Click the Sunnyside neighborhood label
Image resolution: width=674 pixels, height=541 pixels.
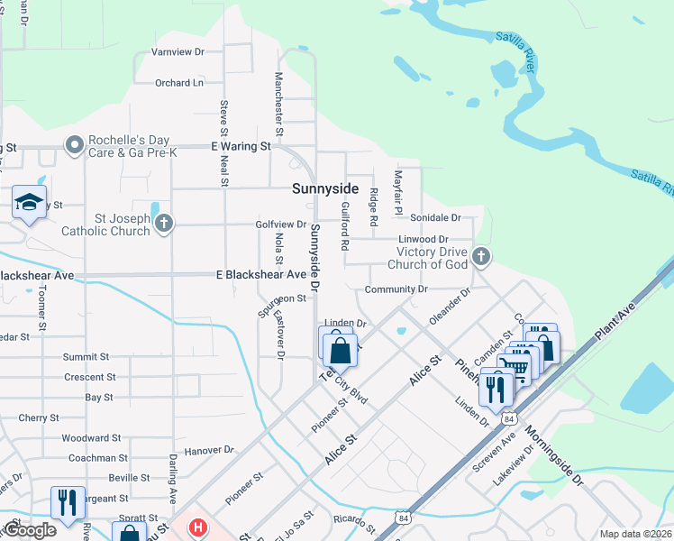click(x=324, y=189)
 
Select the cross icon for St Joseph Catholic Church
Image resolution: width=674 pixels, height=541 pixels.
click(x=163, y=224)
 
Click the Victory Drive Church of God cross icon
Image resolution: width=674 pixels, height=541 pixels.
click(x=481, y=256)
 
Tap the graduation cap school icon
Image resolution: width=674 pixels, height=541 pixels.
click(x=29, y=202)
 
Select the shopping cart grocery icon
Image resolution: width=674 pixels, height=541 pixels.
click(x=514, y=365)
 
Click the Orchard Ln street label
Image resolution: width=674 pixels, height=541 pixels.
click(x=178, y=83)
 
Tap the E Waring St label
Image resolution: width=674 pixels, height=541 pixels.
click(x=241, y=146)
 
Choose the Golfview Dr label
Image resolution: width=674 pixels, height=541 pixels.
click(x=283, y=224)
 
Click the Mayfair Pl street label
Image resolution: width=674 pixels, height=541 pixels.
click(x=396, y=191)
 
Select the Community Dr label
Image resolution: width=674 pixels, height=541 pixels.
click(x=396, y=289)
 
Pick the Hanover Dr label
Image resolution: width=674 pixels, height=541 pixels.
click(x=208, y=448)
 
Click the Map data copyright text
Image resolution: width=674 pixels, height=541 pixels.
click(x=634, y=534)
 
